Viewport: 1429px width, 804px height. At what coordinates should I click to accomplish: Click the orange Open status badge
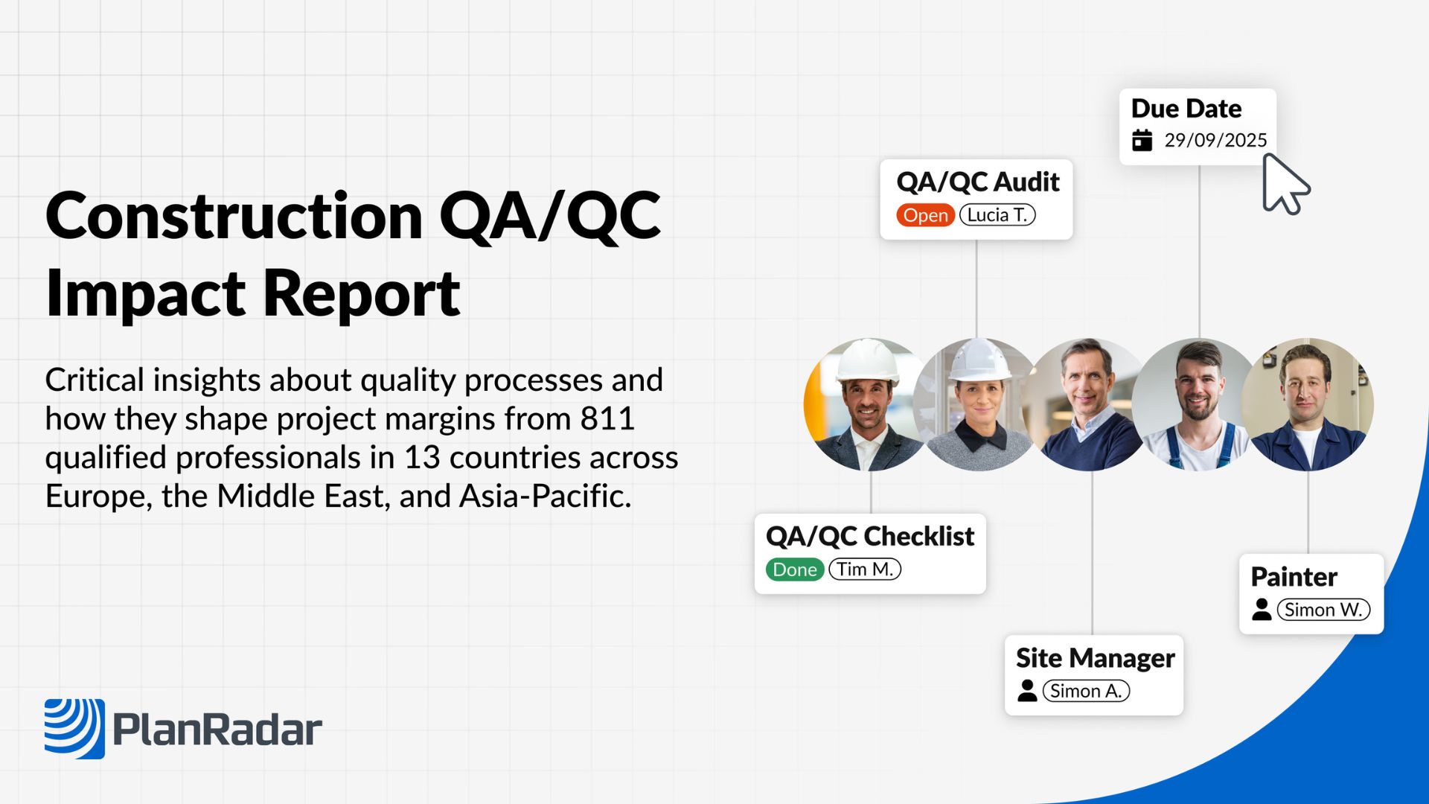tap(925, 215)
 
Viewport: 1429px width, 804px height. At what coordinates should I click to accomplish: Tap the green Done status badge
tap(794, 569)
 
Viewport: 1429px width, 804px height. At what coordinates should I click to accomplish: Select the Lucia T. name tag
tap(997, 215)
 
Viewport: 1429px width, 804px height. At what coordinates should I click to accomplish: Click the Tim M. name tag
tap(865, 569)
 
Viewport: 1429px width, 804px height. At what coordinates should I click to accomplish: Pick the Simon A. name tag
tap(1086, 691)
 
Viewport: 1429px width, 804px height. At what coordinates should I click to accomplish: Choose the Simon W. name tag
tap(1323, 610)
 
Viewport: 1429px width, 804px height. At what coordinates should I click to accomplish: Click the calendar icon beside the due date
tap(1142, 140)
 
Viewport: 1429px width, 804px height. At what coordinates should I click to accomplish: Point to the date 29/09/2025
tap(1215, 140)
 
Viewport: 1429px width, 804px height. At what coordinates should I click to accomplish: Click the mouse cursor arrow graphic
tap(1285, 184)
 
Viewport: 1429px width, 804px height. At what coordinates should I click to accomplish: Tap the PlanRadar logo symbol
tap(74, 729)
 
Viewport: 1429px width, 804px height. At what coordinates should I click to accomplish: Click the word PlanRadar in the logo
tap(217, 730)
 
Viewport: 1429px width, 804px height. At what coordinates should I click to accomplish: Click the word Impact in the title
tap(145, 295)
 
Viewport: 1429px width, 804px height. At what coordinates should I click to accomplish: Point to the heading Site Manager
tap(1095, 658)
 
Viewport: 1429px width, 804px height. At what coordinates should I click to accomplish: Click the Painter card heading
tap(1294, 577)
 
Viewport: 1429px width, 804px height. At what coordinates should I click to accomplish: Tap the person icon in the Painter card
tap(1262, 609)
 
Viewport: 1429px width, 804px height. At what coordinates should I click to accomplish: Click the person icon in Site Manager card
tap(1027, 690)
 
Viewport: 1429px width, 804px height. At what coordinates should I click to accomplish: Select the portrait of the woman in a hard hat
tap(978, 404)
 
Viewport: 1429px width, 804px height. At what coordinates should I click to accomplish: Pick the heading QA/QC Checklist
tap(869, 536)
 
